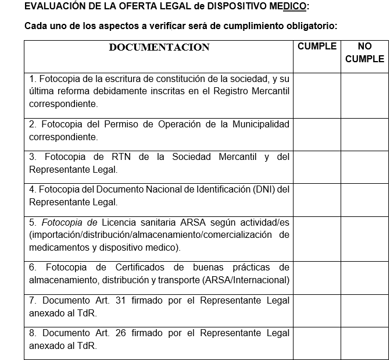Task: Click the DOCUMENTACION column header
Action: (x=159, y=48)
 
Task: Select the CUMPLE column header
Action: (x=317, y=47)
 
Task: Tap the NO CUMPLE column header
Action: (x=364, y=52)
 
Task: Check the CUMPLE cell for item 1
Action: (x=317, y=94)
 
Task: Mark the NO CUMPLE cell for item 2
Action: (x=364, y=134)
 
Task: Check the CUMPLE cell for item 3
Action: (x=317, y=166)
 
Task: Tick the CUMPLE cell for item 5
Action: (x=317, y=238)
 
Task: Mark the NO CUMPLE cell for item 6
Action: (x=364, y=277)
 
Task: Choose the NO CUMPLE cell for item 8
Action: (x=364, y=343)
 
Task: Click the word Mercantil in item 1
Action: (x=269, y=91)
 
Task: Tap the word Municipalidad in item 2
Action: (x=261, y=124)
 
